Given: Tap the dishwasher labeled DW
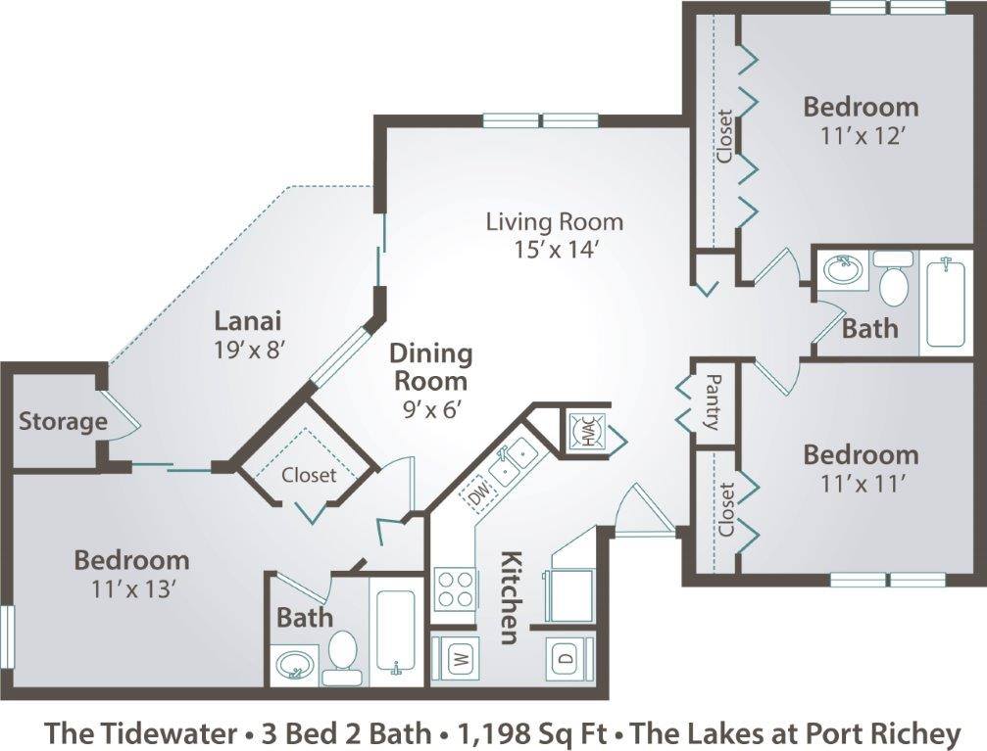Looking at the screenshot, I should point(479,496).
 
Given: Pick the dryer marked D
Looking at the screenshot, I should point(568,656).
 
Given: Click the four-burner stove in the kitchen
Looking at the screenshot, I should point(455,587).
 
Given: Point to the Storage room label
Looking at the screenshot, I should point(63,422).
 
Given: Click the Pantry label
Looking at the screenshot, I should point(713,401).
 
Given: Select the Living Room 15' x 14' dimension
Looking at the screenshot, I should point(555,249).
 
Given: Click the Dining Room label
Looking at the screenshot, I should point(430,366).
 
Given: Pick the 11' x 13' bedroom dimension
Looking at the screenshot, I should point(131,589).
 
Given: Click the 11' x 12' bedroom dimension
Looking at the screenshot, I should point(860,135).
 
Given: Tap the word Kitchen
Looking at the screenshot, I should point(511,598).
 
